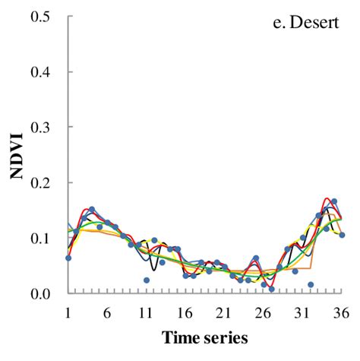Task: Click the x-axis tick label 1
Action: (x=68, y=312)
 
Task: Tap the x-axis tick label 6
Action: (x=107, y=312)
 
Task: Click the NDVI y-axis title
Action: (x=16, y=155)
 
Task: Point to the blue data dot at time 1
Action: (x=68, y=258)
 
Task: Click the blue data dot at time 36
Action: (x=342, y=235)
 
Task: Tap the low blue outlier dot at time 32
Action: (x=311, y=284)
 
